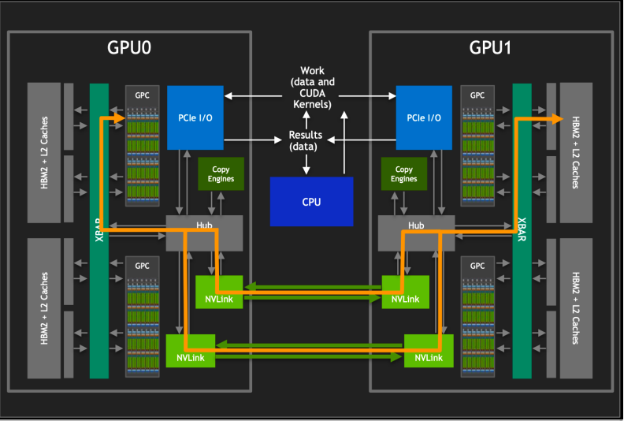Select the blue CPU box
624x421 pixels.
click(x=311, y=201)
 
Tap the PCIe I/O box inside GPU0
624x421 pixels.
click(x=195, y=117)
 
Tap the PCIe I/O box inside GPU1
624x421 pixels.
click(x=424, y=117)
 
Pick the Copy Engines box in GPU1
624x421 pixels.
click(x=403, y=174)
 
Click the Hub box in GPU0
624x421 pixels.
click(x=204, y=226)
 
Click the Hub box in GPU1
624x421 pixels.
click(x=416, y=226)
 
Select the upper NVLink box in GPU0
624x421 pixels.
click(x=219, y=292)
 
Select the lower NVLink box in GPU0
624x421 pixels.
click(x=190, y=351)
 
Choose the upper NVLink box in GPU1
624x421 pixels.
click(x=406, y=292)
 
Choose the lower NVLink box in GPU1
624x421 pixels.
click(x=429, y=351)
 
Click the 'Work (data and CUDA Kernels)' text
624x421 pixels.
click(x=312, y=88)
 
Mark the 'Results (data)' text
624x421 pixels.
click(x=304, y=140)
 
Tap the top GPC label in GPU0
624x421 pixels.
click(x=142, y=95)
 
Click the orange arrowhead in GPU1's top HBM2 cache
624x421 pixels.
click(x=557, y=118)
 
